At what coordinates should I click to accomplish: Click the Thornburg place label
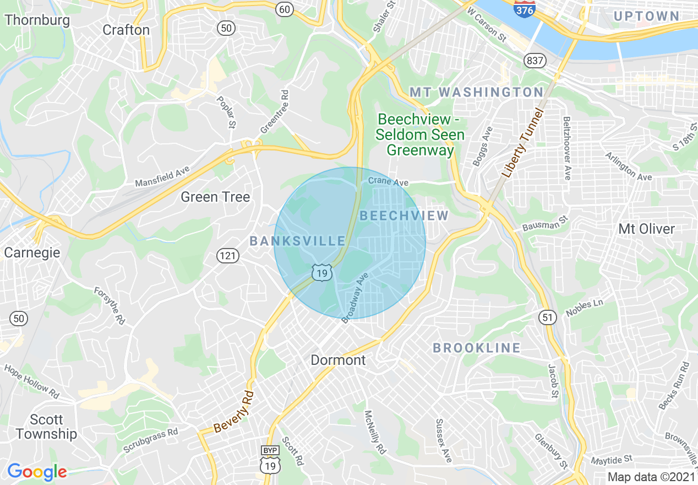point(37,20)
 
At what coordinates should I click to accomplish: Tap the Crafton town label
point(126,30)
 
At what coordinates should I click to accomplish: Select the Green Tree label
point(215,197)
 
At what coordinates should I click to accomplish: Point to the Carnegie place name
point(32,252)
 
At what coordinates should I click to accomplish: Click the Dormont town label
point(338,360)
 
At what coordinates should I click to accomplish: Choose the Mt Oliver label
point(646,229)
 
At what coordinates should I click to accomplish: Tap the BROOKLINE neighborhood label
point(476,348)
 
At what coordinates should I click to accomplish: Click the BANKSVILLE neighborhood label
point(297,241)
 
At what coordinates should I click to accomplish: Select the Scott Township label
point(46,427)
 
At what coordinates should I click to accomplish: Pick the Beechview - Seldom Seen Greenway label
point(421,134)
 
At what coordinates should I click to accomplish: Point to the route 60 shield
point(284,9)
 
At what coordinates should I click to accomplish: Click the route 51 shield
point(548,316)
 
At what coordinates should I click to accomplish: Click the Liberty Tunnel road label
point(521,143)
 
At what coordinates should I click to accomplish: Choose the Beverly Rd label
point(234,412)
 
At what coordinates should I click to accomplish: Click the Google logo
point(37,472)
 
